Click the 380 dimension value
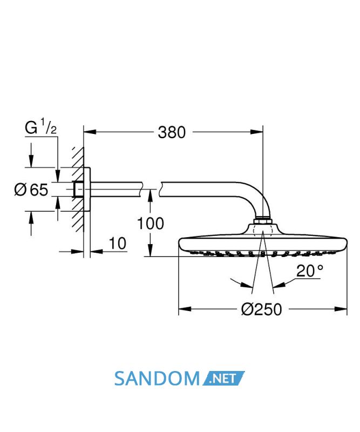172,132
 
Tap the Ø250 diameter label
261,309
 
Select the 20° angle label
310,271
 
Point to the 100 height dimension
150,223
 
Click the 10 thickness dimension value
118,244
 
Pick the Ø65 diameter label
31,190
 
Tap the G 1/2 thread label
41,127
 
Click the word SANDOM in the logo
157,379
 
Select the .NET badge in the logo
223,379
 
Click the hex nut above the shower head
263,221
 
